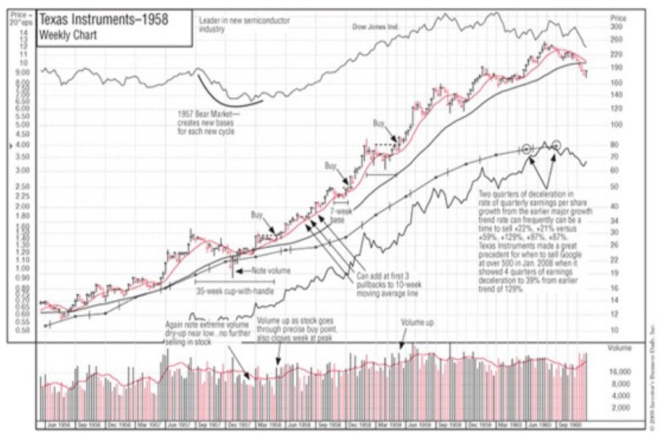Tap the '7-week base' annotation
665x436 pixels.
pyautogui.click(x=338, y=214)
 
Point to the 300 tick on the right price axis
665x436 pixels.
pyautogui.click(x=616, y=28)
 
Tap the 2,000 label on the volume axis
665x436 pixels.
pyautogui.click(x=618, y=408)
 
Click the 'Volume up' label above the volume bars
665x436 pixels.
pyautogui.click(x=416, y=323)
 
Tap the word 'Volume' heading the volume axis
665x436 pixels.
pyautogui.click(x=619, y=348)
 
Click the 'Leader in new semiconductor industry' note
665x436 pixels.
pyautogui.click(x=244, y=24)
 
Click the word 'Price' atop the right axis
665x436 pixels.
pyautogui.click(x=617, y=18)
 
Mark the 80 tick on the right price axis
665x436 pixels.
pyautogui.click(x=614, y=145)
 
